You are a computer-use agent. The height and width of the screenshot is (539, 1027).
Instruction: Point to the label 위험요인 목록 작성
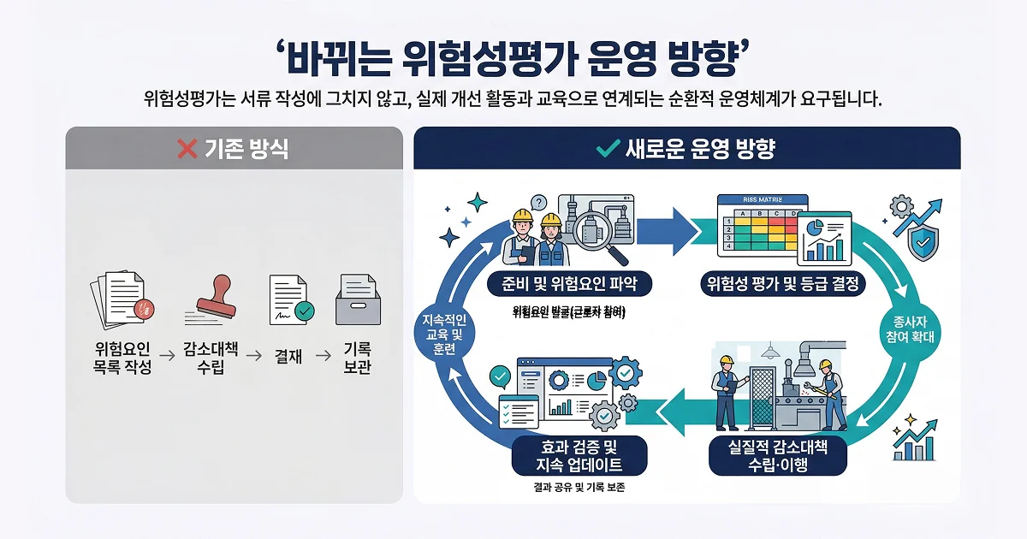(122, 358)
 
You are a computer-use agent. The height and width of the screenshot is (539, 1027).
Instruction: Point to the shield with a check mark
(921, 245)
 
